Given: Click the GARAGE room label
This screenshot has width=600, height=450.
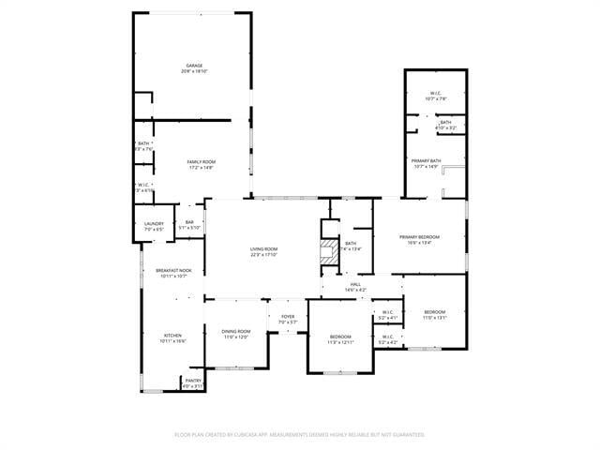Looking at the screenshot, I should tap(195, 66).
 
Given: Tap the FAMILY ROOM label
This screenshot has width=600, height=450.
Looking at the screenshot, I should tap(201, 162).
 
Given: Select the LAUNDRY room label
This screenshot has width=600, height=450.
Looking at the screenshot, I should tap(154, 223).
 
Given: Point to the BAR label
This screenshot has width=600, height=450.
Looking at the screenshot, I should tap(189, 221).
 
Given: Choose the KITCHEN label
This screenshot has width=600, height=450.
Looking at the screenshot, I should tap(173, 336).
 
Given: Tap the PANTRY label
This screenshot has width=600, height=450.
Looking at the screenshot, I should tap(192, 381).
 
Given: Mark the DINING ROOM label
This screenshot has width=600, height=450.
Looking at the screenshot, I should tap(236, 332).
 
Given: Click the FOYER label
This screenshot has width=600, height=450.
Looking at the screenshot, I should tap(288, 317).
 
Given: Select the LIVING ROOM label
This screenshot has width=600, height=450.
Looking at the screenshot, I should tap(264, 248).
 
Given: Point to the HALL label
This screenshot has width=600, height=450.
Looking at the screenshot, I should tap(355, 284).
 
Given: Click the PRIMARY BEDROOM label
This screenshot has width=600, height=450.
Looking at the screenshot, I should tap(419, 237).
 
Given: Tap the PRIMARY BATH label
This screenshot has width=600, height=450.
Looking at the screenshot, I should tap(427, 161).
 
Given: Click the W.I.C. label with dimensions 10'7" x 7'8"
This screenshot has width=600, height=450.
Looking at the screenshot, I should tap(436, 93).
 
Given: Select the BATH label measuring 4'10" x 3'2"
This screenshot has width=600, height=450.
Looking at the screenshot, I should tap(446, 122).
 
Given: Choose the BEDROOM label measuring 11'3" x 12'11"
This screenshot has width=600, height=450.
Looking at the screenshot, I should tap(340, 337).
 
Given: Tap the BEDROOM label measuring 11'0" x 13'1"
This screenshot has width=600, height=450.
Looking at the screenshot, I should tap(435, 312).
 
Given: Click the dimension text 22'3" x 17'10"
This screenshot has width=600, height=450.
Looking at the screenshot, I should tap(264, 254).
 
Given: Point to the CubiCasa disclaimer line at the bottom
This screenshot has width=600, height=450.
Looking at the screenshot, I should tap(300, 434).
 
